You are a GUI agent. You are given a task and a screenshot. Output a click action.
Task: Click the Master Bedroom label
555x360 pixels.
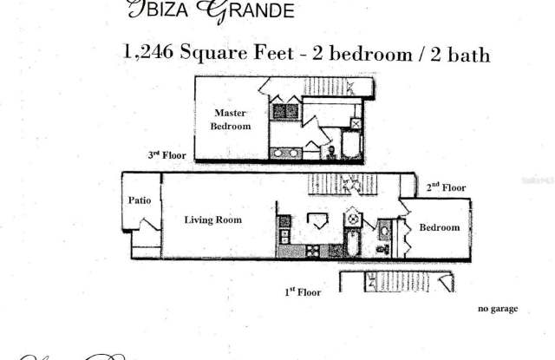(x=231, y=120)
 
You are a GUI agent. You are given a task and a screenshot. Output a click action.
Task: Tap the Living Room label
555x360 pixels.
(x=212, y=220)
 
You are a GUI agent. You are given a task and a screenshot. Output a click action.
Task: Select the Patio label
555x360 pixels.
(x=140, y=200)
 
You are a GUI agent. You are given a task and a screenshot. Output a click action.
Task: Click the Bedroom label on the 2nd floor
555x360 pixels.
(x=439, y=228)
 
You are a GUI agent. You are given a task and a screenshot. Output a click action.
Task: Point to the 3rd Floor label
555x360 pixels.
(x=166, y=154)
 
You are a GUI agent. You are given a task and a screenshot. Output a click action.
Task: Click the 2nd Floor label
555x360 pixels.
(x=446, y=187)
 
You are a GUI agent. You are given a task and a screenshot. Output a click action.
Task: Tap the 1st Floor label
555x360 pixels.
(x=303, y=292)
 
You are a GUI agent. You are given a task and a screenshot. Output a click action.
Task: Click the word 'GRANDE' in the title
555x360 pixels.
(x=257, y=10)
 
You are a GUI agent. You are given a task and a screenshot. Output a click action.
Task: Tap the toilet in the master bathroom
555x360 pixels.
(x=330, y=152)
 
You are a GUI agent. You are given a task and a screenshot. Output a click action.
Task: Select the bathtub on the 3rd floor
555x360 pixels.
(x=353, y=144)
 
